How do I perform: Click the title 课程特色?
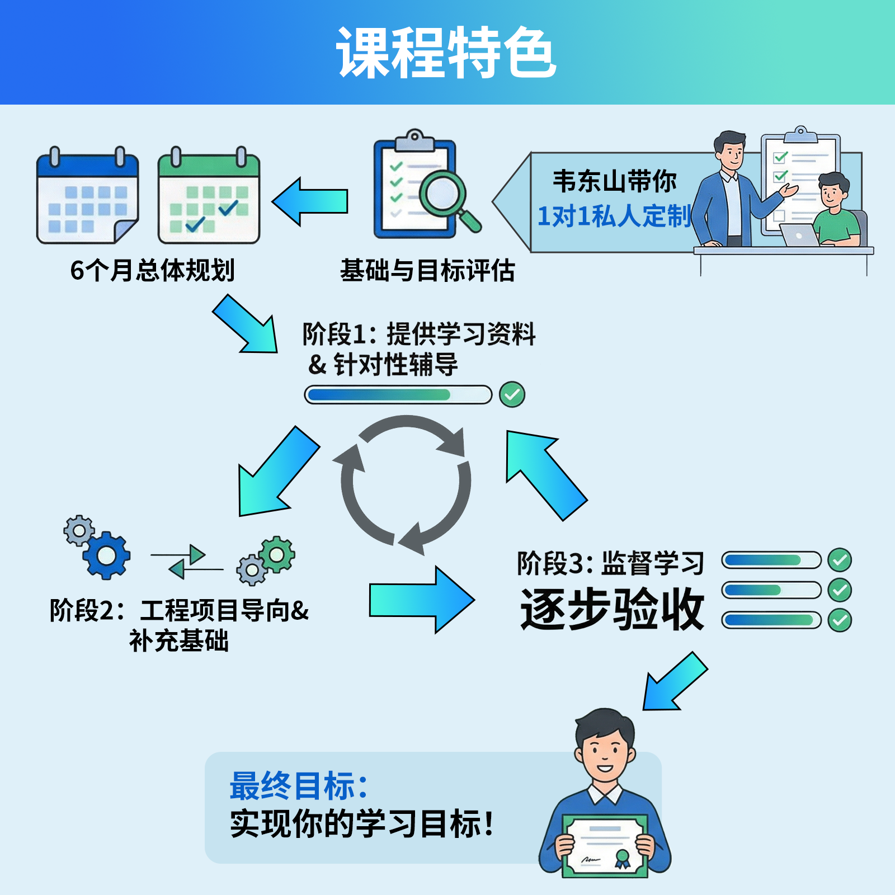tap(446, 53)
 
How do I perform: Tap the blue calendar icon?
tap(87, 197)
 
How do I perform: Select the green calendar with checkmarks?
tap(209, 197)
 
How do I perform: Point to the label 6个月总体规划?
tap(152, 270)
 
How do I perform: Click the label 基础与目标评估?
tap(427, 271)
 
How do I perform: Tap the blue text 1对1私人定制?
tap(614, 216)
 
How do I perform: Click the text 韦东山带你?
tap(614, 181)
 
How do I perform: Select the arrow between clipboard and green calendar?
tap(310, 201)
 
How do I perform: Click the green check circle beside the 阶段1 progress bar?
tap(512, 394)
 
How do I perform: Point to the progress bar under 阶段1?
tap(398, 395)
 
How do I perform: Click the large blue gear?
tap(107, 555)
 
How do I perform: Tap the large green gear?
tap(276, 554)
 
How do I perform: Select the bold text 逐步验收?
tap(612, 609)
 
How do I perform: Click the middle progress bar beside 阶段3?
tap(771, 590)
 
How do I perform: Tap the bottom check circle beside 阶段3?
tap(840, 620)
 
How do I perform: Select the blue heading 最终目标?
tap(299, 786)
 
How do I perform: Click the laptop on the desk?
tap(800, 235)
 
